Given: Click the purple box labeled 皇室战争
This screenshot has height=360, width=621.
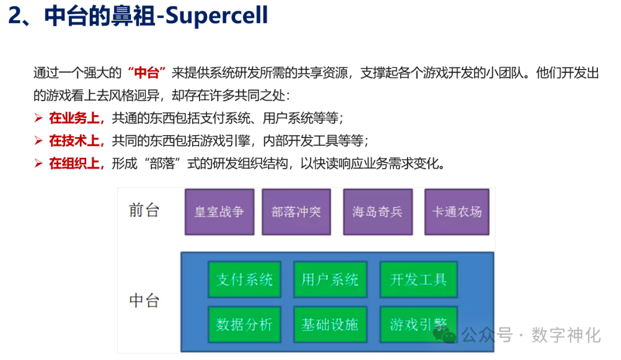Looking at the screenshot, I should point(219,212).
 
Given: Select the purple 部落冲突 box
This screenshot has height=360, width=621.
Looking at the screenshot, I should point(296,212).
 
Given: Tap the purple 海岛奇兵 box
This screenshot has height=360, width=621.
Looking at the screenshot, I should point(377,212).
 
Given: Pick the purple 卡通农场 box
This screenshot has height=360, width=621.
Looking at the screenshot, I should point(457,212).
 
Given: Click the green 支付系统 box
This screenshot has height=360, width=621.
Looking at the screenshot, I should point(244,280).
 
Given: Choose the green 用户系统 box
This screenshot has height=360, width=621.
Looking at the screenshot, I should point(329,280).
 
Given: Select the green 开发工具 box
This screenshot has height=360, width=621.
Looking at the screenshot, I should point(418,280).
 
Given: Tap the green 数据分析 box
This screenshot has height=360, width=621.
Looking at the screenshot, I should point(244,324).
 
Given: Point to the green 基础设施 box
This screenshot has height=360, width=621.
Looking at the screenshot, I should point(329,324).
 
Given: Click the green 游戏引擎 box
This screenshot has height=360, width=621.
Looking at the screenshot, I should point(418,324).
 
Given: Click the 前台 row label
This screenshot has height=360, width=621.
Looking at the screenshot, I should point(144,210).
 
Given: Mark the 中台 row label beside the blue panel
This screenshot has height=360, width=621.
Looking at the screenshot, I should point(144,301).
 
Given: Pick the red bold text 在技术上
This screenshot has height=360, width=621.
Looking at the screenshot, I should point(75,141).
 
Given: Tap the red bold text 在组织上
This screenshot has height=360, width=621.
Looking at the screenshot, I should point(75,163).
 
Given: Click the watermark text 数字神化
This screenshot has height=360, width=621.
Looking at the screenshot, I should point(566,335).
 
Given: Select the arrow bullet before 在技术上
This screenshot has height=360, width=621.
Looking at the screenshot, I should point(39,141).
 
